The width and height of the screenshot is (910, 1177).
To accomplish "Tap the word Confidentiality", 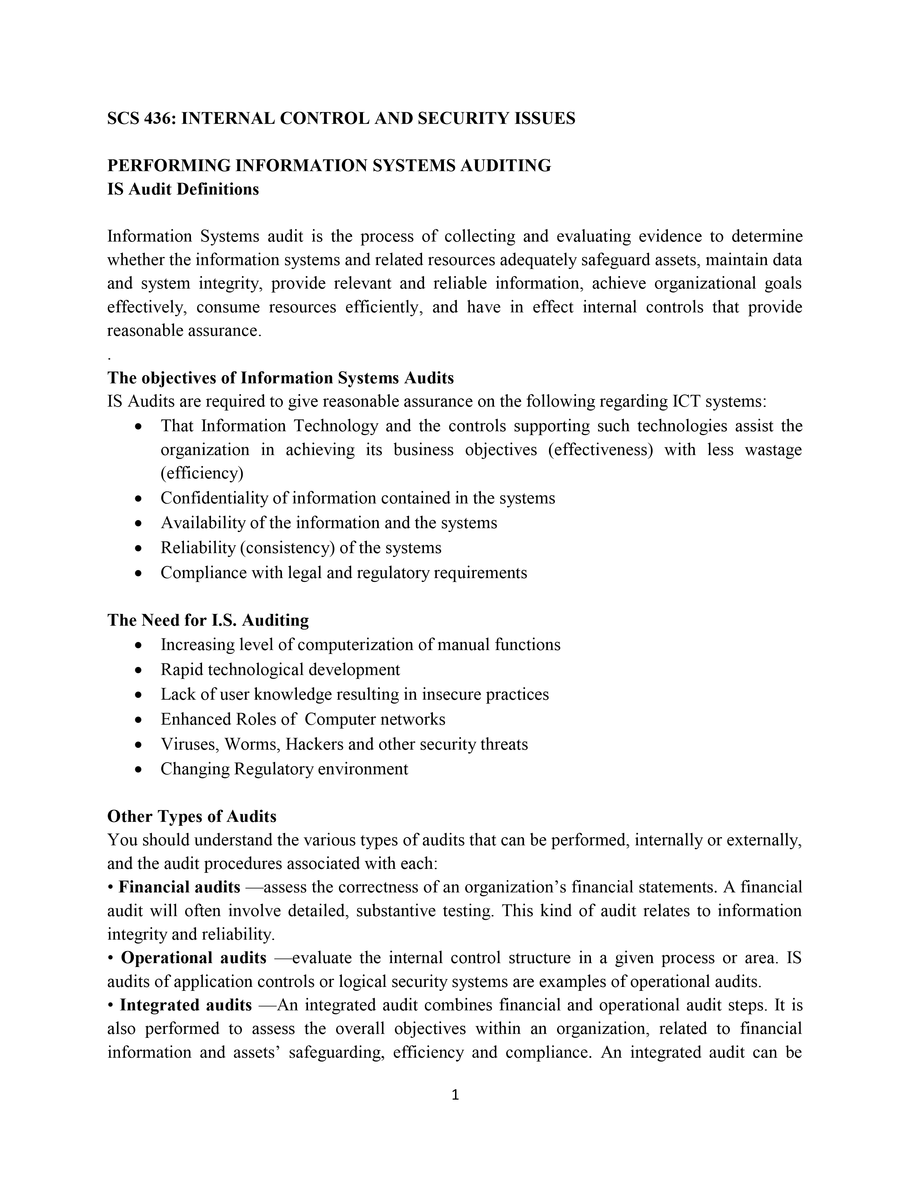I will tap(214, 498).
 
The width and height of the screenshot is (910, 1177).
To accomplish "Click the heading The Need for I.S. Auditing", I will tap(208, 620).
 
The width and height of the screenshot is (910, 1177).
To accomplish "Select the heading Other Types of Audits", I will tap(192, 816).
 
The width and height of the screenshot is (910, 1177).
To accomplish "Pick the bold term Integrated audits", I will tap(186, 1005).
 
